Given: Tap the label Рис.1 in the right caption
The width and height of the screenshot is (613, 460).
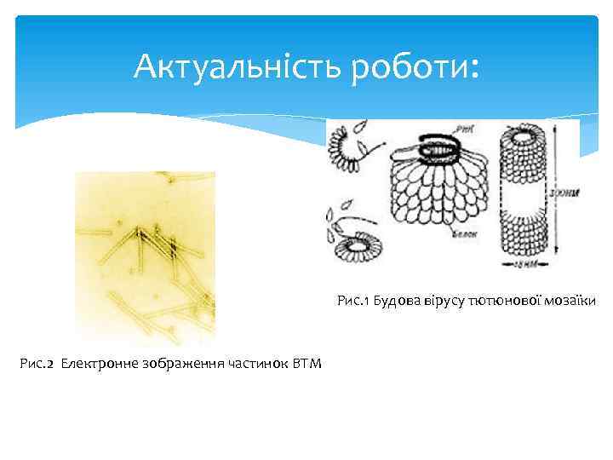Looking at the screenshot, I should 352,301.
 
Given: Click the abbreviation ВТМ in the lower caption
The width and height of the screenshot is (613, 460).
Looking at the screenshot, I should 306,365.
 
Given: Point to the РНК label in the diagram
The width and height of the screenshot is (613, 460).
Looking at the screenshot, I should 464,130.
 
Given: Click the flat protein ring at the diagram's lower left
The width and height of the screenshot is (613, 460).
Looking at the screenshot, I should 356,247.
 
